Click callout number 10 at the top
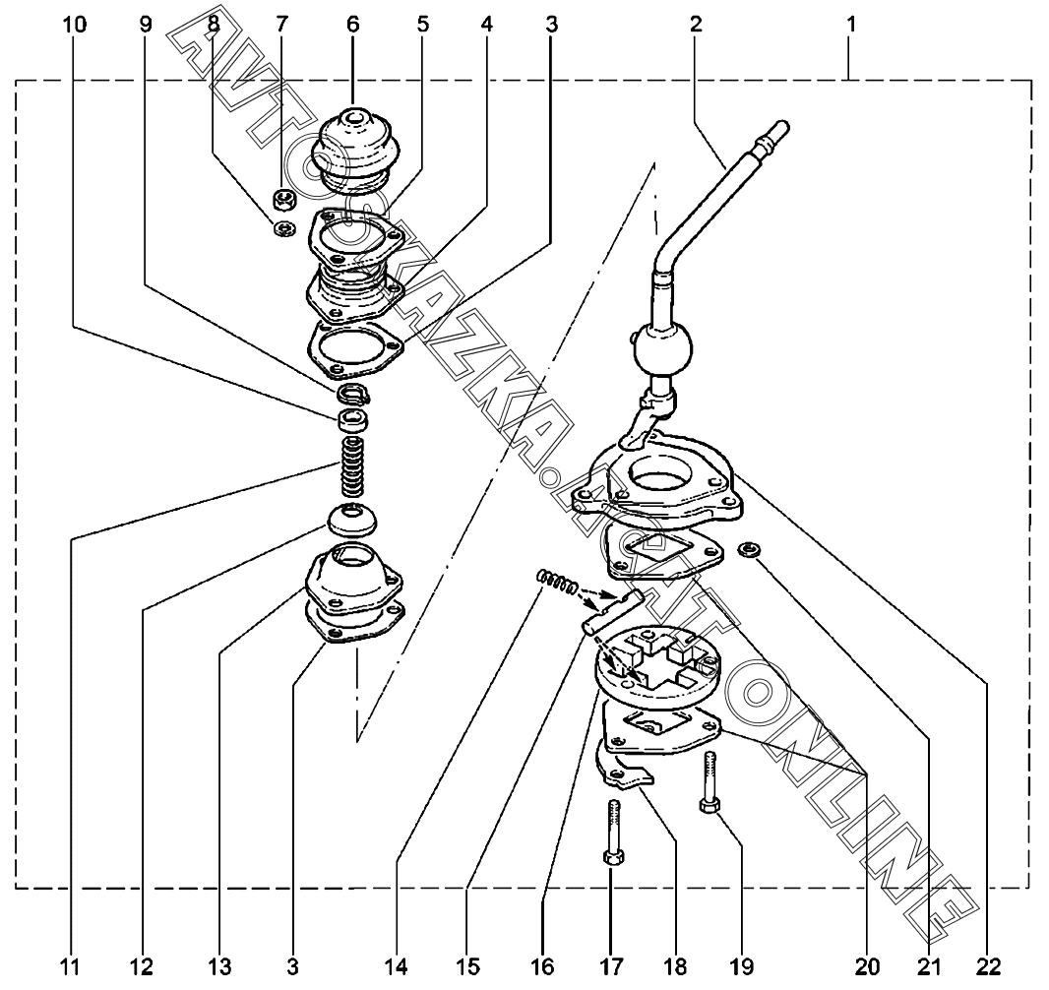[x=74, y=25]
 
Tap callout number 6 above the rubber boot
[x=353, y=25]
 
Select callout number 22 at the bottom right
[x=988, y=966]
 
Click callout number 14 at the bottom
[x=396, y=966]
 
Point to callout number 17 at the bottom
[x=612, y=966]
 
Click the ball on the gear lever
[x=663, y=348]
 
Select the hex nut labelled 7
[x=284, y=198]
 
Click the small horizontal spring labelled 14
[x=557, y=581]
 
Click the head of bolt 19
[x=709, y=806]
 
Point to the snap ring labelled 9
[x=353, y=395]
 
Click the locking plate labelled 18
[x=624, y=772]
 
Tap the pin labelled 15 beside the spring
[x=611, y=609]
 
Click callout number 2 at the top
[x=696, y=25]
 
